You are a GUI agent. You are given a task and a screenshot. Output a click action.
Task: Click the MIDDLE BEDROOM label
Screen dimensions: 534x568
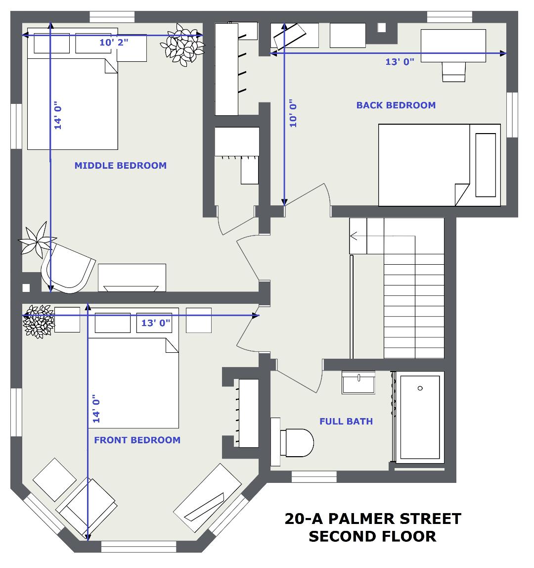point(121,166)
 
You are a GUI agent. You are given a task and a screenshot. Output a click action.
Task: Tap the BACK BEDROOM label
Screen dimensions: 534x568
point(396,105)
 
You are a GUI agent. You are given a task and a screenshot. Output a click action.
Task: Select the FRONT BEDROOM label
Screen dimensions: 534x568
point(137,440)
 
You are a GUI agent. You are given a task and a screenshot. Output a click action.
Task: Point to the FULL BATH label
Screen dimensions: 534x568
point(346,421)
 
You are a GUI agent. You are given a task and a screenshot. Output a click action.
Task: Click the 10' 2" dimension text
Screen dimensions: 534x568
point(114,43)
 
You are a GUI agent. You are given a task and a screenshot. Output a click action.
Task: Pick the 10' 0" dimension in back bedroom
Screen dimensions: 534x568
point(293,113)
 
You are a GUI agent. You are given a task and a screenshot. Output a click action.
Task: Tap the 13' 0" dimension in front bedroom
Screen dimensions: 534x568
point(156,323)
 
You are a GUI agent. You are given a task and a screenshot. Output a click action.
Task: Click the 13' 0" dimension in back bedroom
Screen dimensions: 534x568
point(400,61)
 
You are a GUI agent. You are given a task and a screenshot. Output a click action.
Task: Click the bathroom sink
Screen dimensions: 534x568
point(358,382)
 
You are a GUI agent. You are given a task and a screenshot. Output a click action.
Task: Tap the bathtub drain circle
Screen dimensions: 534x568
point(420,388)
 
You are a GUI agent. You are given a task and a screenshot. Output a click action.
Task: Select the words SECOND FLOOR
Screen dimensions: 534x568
point(372,536)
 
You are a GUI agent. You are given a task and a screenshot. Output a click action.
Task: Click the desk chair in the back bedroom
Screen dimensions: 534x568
point(453,72)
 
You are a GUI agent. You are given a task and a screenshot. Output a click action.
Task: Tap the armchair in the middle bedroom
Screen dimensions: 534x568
point(68,268)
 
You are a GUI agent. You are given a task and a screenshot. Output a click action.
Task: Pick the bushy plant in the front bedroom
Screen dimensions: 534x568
point(39,321)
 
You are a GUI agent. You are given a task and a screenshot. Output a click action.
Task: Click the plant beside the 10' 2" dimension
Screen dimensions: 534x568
point(183,45)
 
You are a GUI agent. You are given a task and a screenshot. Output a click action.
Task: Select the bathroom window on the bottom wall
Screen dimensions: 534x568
point(314,477)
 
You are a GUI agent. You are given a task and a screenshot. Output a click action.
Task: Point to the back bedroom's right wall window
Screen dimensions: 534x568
point(512,115)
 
